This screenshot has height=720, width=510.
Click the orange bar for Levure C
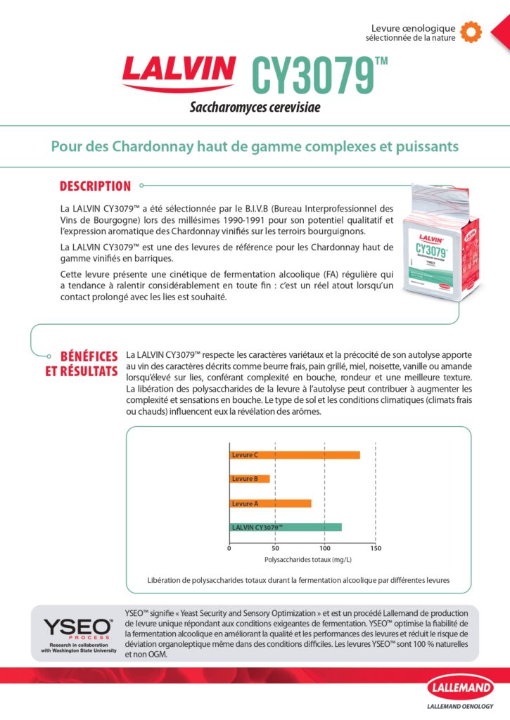(x=295, y=455)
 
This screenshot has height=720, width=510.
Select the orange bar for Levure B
(x=250, y=479)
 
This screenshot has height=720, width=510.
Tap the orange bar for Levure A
(x=270, y=503)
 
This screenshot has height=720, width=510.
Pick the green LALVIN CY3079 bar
(x=286, y=527)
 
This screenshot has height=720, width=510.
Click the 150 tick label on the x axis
(x=376, y=548)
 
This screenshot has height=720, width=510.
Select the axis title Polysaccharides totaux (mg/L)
(x=307, y=560)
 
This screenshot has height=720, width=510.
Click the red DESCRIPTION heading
(x=95, y=186)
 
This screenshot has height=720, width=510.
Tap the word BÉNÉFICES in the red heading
(x=89, y=356)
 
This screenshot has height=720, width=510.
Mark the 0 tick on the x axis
(x=229, y=548)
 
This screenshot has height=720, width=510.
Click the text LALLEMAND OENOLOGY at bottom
(x=460, y=707)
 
